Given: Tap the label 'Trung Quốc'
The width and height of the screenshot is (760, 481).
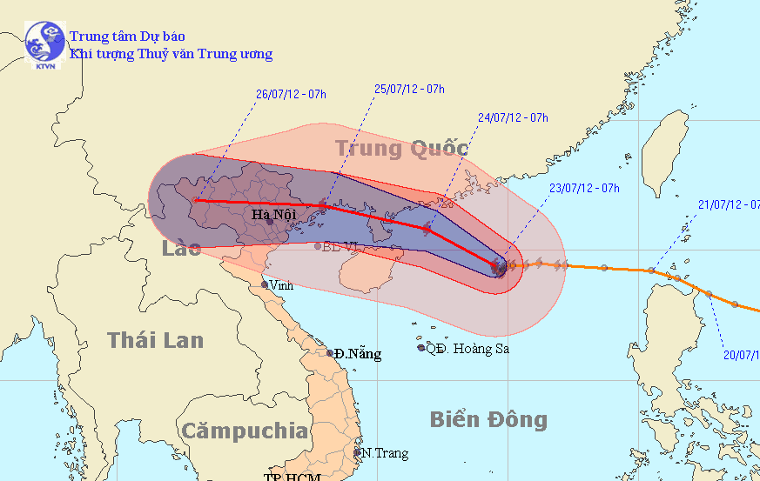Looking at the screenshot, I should click(x=401, y=149).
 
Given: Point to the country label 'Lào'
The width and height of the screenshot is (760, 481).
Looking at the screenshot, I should click(x=181, y=249).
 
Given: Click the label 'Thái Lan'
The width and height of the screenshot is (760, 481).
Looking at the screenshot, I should click(x=155, y=340).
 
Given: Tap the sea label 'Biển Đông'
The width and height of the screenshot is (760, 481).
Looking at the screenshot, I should click(x=488, y=420).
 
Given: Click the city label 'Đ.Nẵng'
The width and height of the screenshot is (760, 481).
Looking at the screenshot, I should click(x=358, y=354).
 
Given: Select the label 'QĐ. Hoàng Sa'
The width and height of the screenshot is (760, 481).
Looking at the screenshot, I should click(x=467, y=349).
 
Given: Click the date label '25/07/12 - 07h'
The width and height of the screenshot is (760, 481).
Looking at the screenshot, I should click(x=409, y=89).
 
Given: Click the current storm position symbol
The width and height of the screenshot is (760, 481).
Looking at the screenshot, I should click(x=500, y=267).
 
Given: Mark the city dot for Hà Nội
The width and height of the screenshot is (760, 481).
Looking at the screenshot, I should click(x=270, y=221).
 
